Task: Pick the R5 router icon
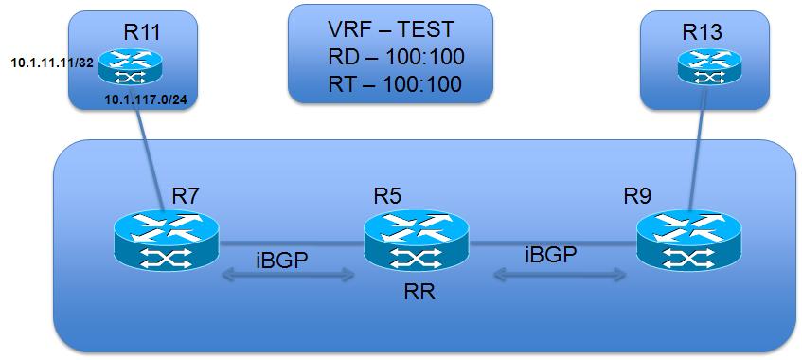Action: (x=418, y=240)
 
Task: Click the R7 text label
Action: (x=187, y=197)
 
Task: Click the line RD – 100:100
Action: (x=389, y=56)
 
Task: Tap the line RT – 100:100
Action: (x=389, y=83)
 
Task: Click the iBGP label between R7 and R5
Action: (x=282, y=261)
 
